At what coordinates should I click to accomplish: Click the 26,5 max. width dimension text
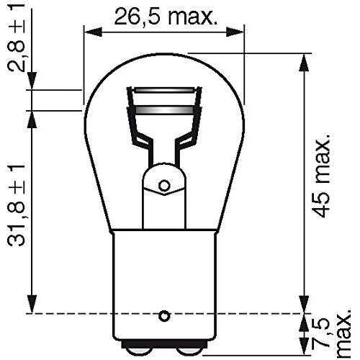point(165,15)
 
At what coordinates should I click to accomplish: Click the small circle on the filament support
point(164,186)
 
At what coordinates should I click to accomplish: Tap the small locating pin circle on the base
point(164,315)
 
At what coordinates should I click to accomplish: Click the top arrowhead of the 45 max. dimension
point(303,58)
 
